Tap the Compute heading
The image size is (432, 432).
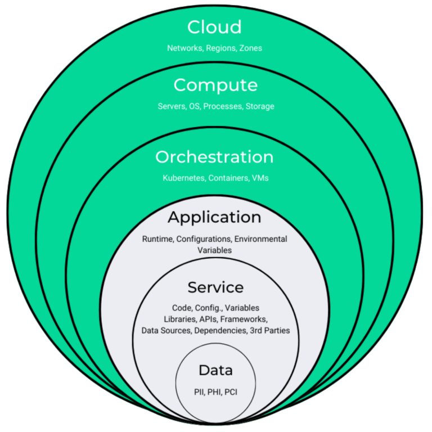pyautogui.click(x=215, y=85)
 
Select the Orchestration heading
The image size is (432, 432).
pyautogui.click(x=214, y=157)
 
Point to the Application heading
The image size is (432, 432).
pyautogui.click(x=214, y=217)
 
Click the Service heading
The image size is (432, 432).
pyautogui.click(x=215, y=287)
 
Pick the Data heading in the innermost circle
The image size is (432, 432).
pyautogui.click(x=215, y=371)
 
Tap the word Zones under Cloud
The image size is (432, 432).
pyautogui.click(x=250, y=48)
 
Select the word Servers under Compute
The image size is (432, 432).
pyautogui.click(x=170, y=106)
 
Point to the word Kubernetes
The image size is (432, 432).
pyautogui.click(x=183, y=178)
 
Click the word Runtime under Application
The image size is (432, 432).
pyautogui.click(x=157, y=239)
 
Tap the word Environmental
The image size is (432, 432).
pyautogui.click(x=260, y=239)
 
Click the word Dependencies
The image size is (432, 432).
pyautogui.click(x=220, y=331)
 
